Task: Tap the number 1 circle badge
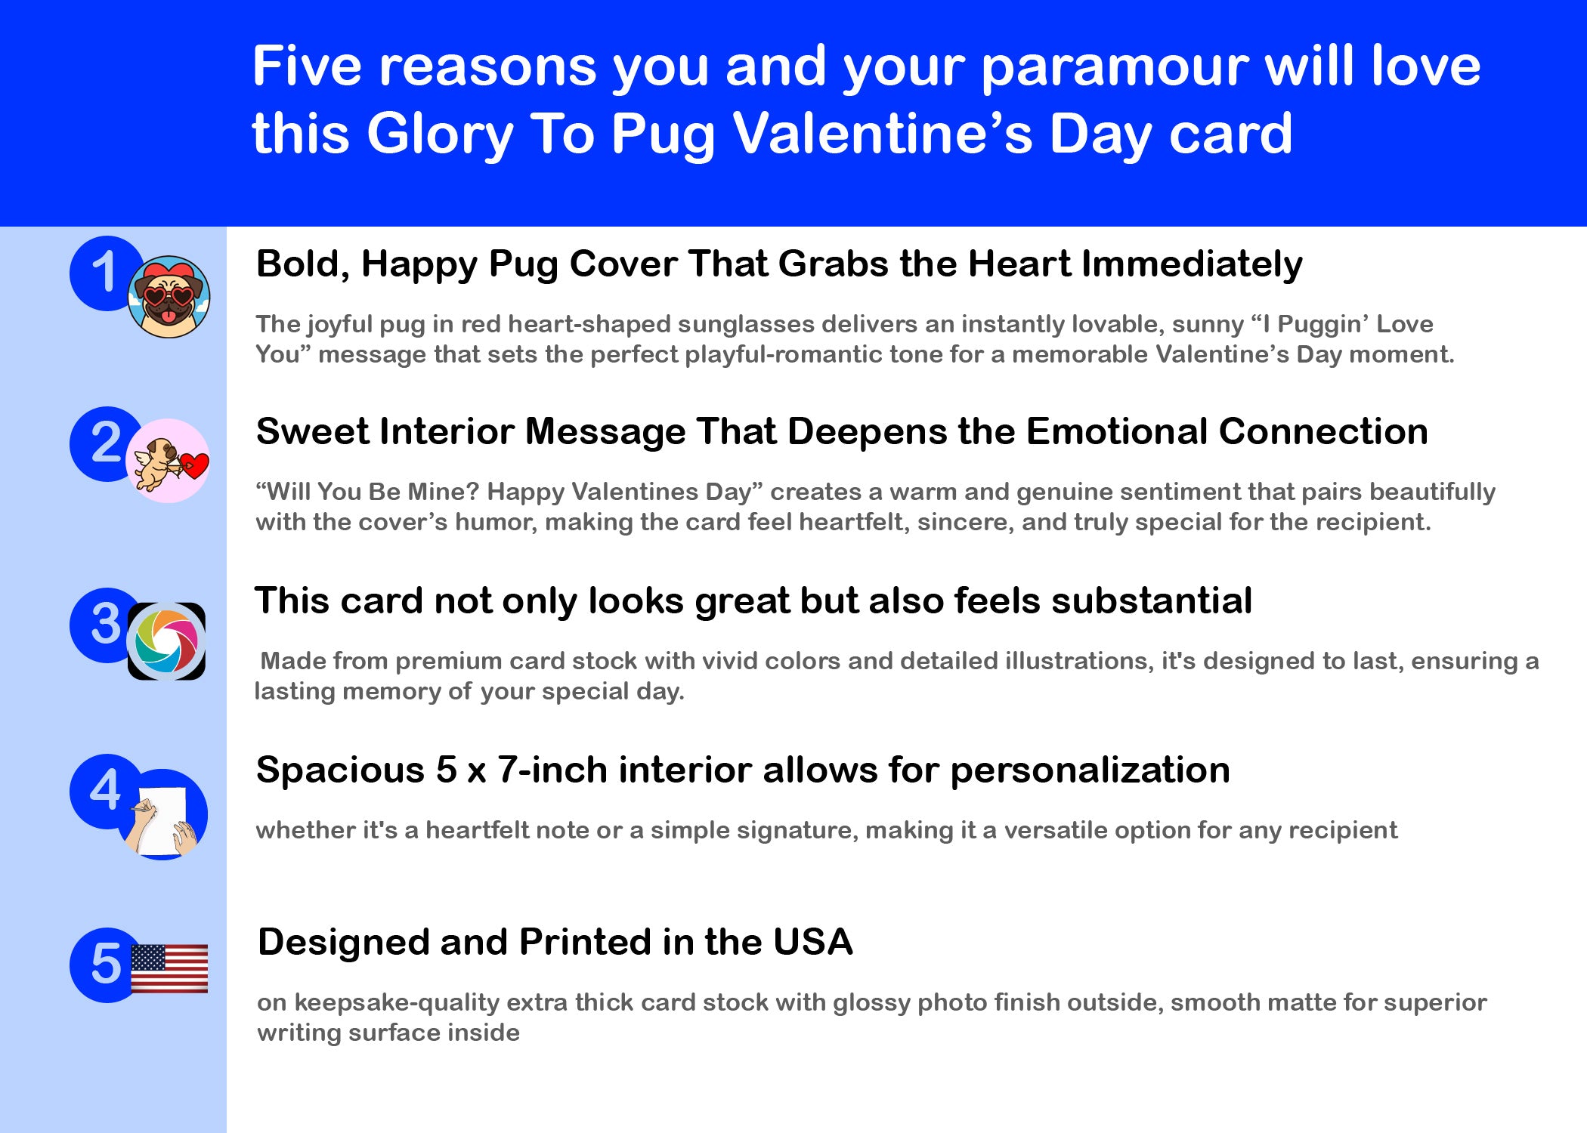(x=106, y=273)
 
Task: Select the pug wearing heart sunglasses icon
(x=169, y=297)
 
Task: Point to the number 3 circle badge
(x=106, y=625)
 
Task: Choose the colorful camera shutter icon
(x=166, y=641)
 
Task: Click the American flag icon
(x=169, y=968)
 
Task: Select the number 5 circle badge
(x=106, y=965)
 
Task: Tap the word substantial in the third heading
(x=1152, y=601)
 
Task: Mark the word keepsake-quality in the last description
(x=397, y=1004)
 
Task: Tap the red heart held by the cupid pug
(x=194, y=465)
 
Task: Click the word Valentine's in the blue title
(x=883, y=134)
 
